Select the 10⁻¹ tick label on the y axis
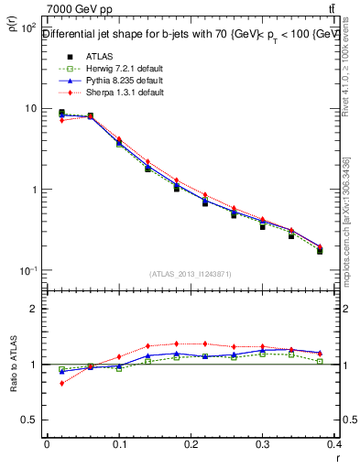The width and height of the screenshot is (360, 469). [27, 271]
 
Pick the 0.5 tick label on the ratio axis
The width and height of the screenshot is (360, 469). [29, 420]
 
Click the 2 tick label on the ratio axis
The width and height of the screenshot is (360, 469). [33, 309]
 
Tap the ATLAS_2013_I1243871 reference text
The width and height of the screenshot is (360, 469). [191, 274]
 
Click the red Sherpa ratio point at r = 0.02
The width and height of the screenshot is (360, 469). [61, 383]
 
